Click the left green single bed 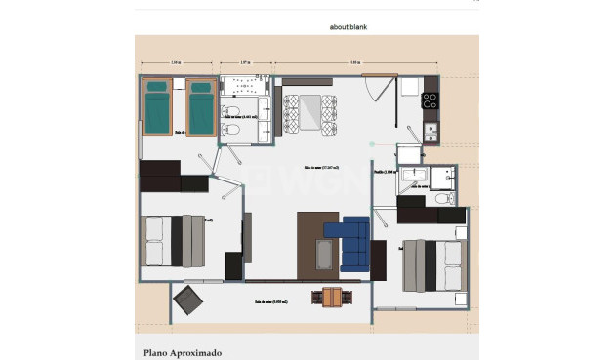(156, 106)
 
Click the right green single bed (200, 106)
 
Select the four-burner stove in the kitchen (430, 99)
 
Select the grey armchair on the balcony (187, 301)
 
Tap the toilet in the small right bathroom (445, 198)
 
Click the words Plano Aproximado (183, 352)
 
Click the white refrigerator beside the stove (408, 89)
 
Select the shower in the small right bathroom (446, 176)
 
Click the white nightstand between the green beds (179, 87)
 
